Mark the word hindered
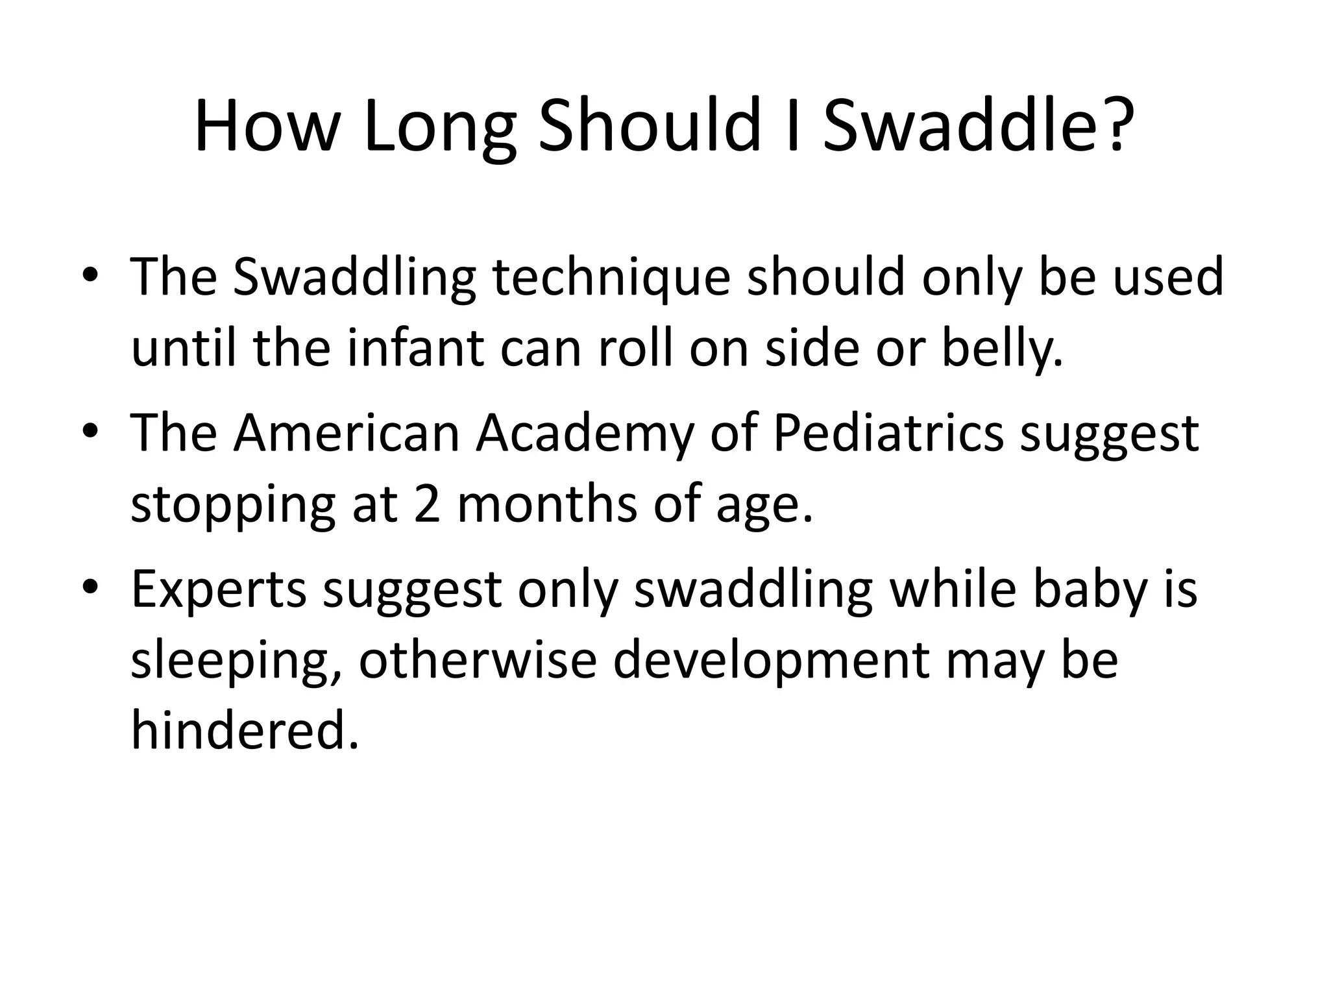pyautogui.click(x=244, y=730)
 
